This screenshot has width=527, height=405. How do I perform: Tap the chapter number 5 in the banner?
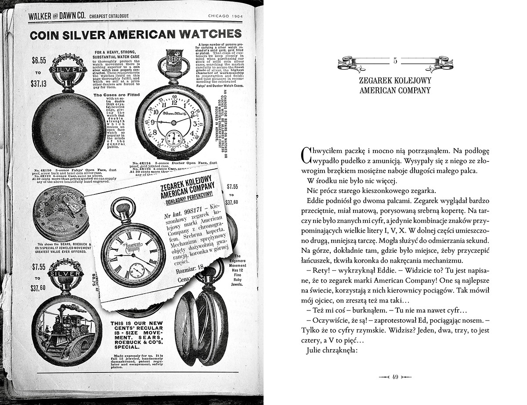point(395,61)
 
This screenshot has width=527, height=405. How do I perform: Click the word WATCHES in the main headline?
point(202,34)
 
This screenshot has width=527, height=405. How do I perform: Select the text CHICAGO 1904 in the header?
point(225,16)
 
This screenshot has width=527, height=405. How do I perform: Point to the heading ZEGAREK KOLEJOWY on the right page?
point(395,81)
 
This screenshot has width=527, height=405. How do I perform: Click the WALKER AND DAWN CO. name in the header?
point(55,16)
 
